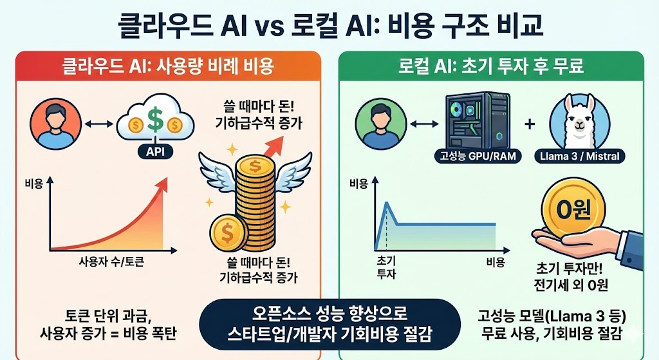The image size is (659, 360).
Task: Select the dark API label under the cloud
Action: [x=154, y=152]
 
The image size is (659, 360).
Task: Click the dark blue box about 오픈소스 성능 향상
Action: [x=329, y=325]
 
